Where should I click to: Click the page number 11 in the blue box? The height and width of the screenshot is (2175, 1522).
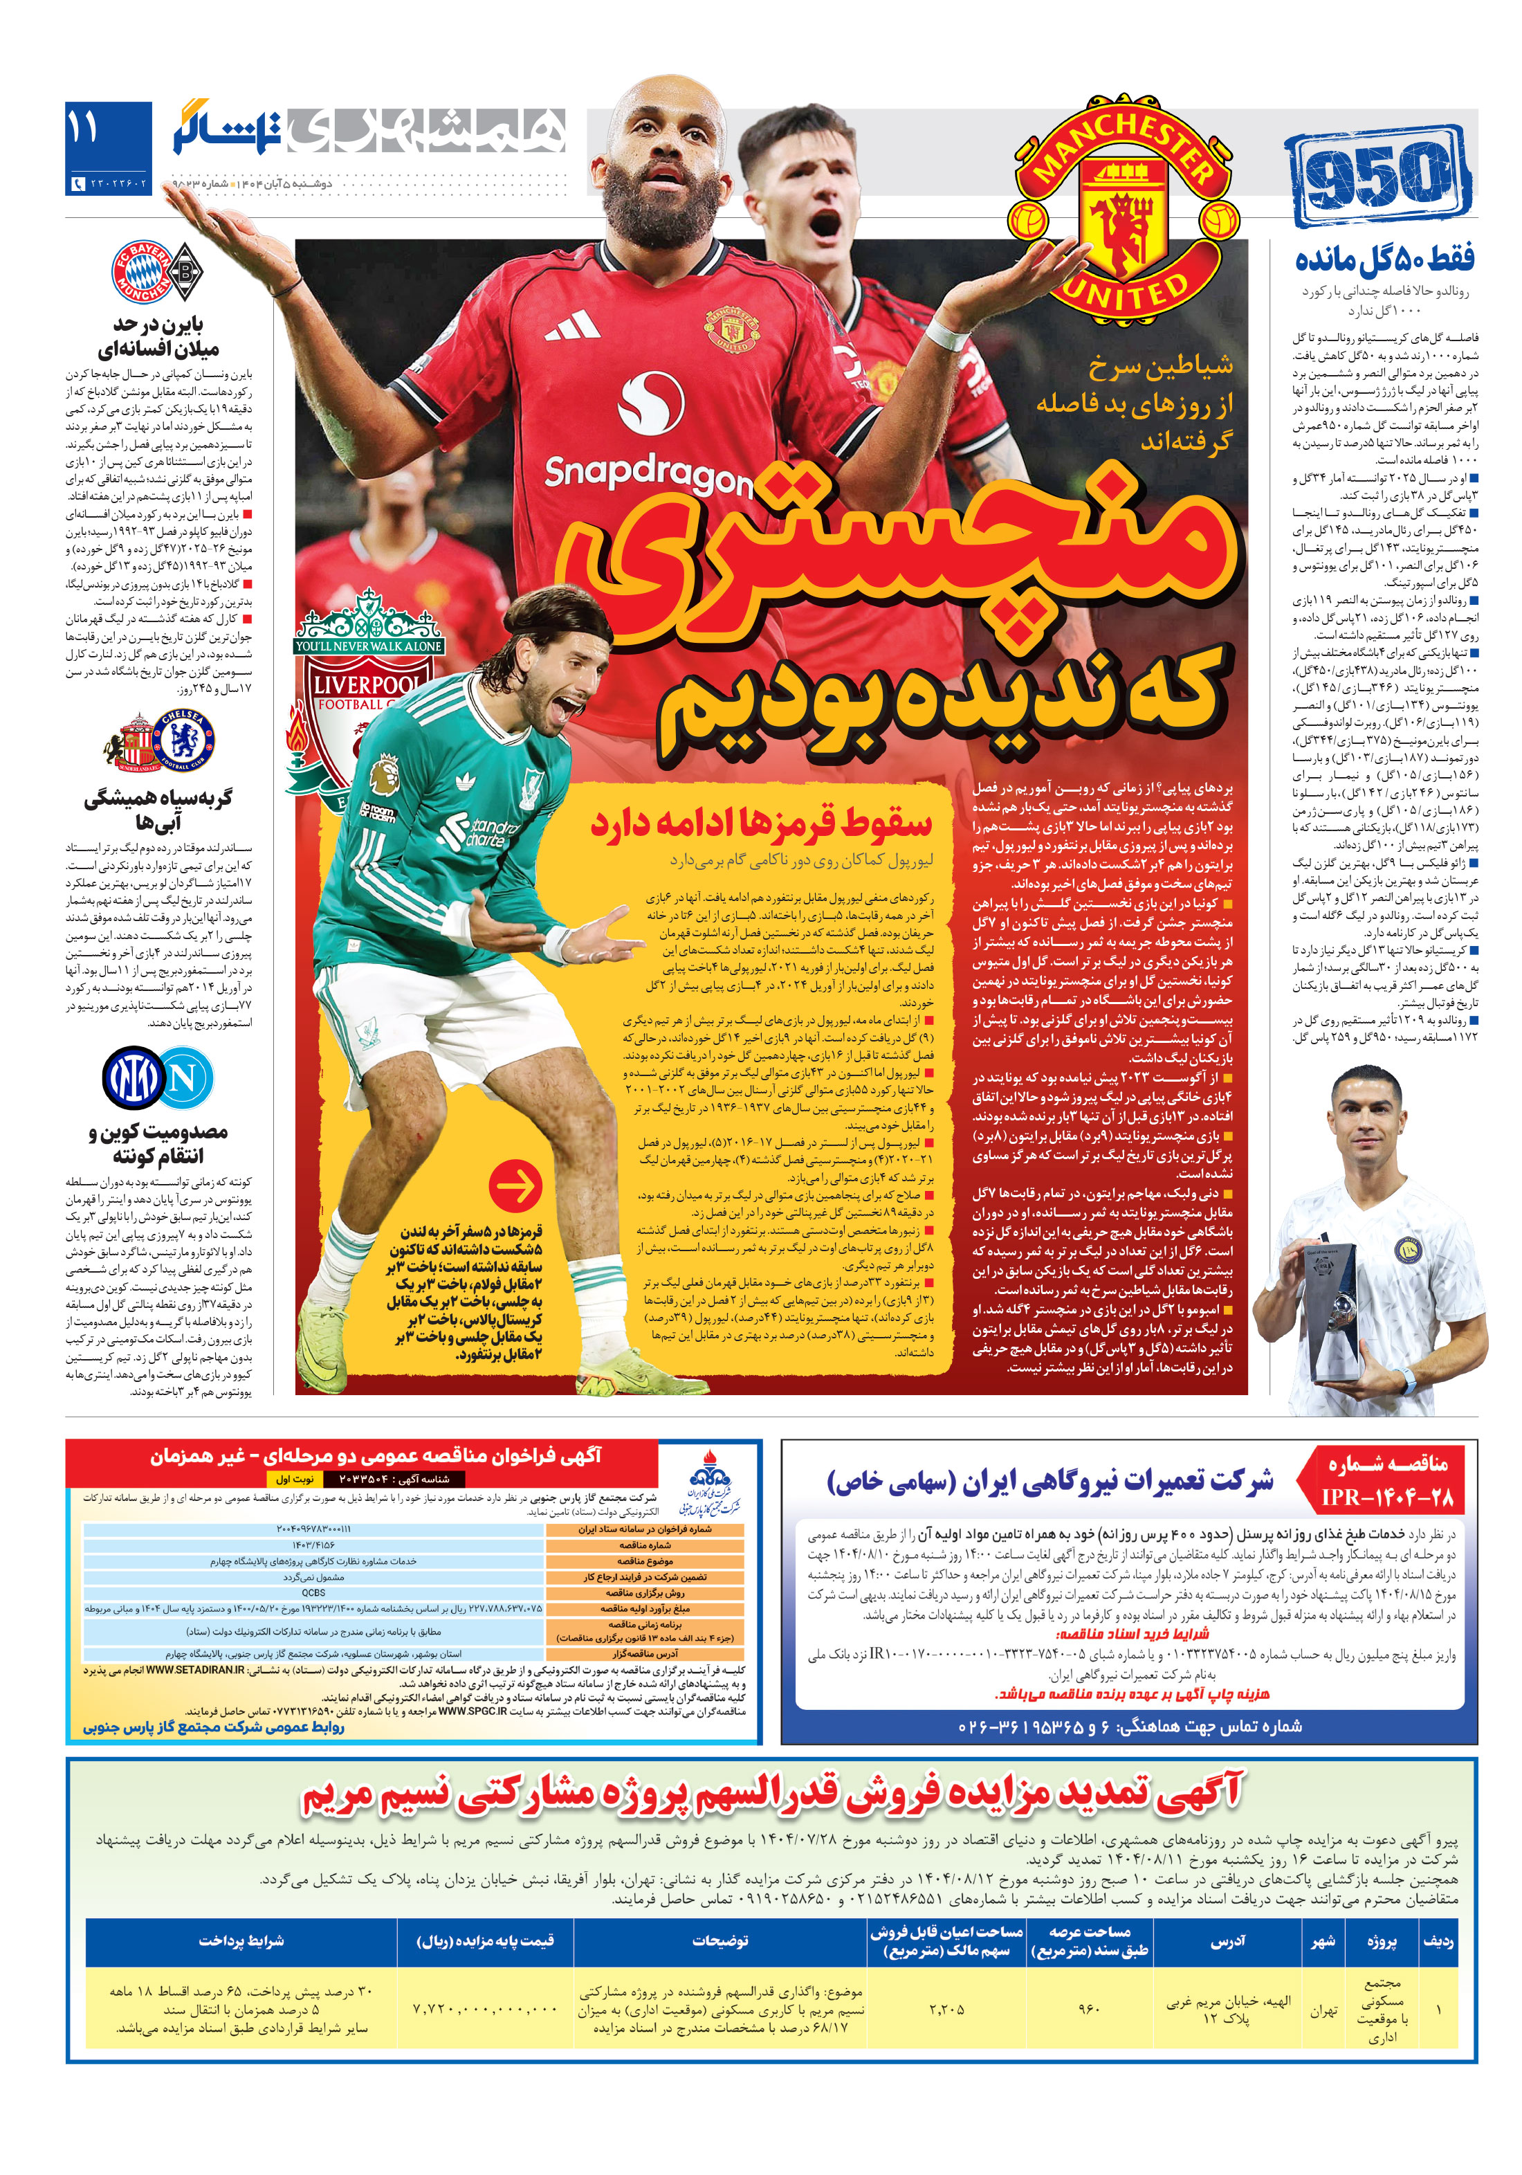(x=83, y=128)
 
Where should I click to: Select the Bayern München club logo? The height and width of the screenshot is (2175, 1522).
(x=141, y=273)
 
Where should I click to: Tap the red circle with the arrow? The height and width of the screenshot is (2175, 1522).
(x=516, y=1184)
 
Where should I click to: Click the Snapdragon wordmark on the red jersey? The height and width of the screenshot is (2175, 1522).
(x=648, y=473)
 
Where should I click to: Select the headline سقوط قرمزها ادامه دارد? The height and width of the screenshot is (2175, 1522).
(x=760, y=822)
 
